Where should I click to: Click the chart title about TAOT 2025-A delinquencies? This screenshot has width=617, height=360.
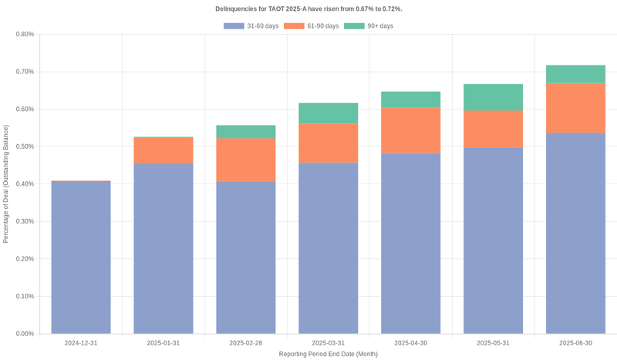tap(308, 8)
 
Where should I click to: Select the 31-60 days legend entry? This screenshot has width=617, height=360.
tap(251, 26)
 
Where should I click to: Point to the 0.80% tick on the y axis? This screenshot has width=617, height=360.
tap(24, 34)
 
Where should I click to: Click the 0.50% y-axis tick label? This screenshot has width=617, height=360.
tap(24, 146)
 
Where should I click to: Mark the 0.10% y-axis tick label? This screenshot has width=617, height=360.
tap(24, 296)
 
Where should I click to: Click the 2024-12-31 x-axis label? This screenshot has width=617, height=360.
tap(81, 342)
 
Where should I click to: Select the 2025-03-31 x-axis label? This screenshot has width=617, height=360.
tap(328, 342)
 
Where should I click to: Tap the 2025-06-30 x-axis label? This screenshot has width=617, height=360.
tap(575, 342)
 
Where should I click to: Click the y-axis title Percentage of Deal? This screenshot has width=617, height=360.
tap(6, 183)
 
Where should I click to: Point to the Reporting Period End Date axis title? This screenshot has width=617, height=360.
tap(328, 354)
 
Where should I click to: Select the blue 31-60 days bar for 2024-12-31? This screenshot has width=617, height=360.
tap(81, 257)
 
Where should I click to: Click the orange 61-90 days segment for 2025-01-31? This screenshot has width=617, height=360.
tap(164, 150)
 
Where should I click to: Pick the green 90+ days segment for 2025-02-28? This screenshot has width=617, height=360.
tap(246, 132)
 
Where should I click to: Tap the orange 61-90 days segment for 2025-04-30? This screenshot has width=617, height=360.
tap(410, 130)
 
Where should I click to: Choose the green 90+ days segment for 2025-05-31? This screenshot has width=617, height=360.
tap(493, 97)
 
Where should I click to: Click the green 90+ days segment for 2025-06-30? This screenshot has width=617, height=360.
tap(575, 74)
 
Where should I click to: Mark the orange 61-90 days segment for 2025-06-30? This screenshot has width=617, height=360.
tap(575, 108)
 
